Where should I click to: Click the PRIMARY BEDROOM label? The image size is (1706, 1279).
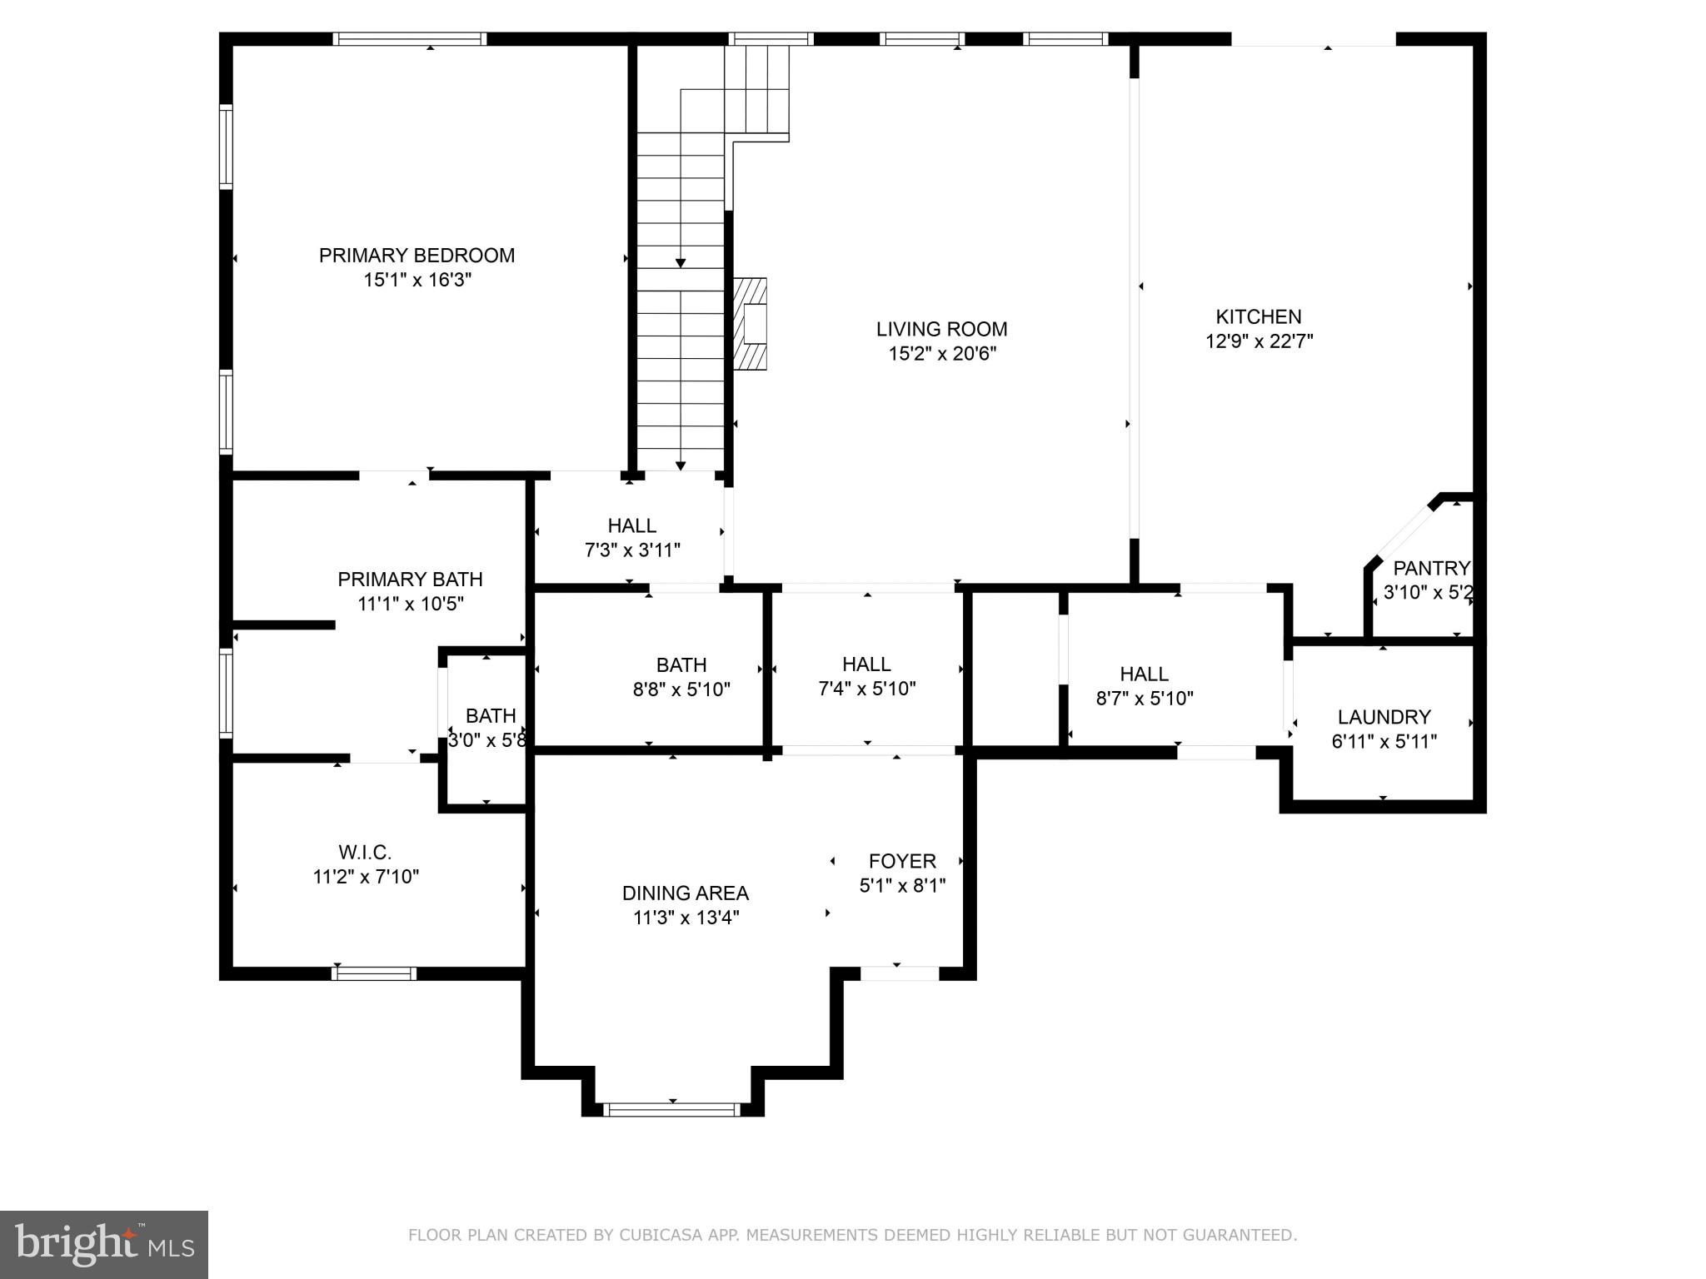[417, 256]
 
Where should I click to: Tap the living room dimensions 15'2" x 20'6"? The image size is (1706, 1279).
[941, 354]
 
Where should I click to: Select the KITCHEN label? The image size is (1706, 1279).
[1258, 316]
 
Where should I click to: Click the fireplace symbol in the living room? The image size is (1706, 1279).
[751, 324]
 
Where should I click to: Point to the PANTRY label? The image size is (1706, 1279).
[1431, 569]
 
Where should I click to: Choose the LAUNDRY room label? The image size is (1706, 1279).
[1384, 717]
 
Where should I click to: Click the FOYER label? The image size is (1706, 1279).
[902, 861]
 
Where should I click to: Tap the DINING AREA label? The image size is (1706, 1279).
[685, 893]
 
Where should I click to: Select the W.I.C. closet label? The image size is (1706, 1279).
[365, 853]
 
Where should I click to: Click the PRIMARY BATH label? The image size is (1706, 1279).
[410, 580]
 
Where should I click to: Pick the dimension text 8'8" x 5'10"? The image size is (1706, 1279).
[681, 689]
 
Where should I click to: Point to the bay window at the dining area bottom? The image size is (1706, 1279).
[671, 1109]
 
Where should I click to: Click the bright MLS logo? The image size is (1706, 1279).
[104, 1244]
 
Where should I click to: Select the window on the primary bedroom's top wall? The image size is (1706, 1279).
[409, 39]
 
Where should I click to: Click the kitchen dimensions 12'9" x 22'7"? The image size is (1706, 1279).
[1258, 341]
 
